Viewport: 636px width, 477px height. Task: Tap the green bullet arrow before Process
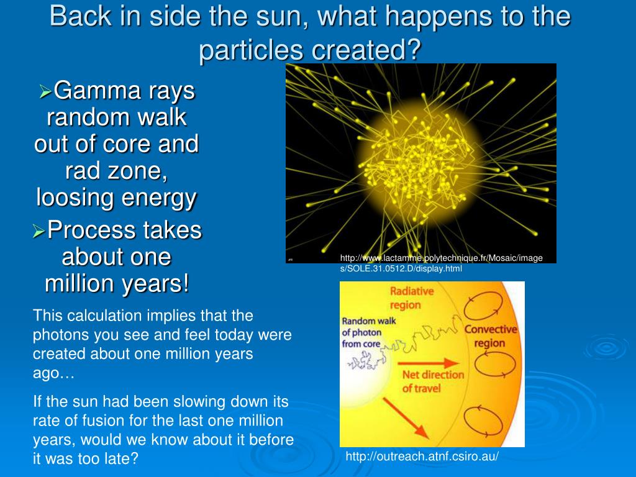[39, 231]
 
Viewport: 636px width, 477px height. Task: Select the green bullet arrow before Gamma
[45, 91]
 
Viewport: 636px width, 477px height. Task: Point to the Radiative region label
[406, 298]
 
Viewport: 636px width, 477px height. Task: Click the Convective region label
[491, 336]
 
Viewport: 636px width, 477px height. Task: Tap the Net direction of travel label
[432, 381]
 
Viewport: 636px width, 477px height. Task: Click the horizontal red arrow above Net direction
[429, 363]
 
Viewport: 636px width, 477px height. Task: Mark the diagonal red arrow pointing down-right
[406, 418]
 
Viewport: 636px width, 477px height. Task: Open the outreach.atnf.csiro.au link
[422, 457]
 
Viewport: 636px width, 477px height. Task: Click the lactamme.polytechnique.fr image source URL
[442, 263]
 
